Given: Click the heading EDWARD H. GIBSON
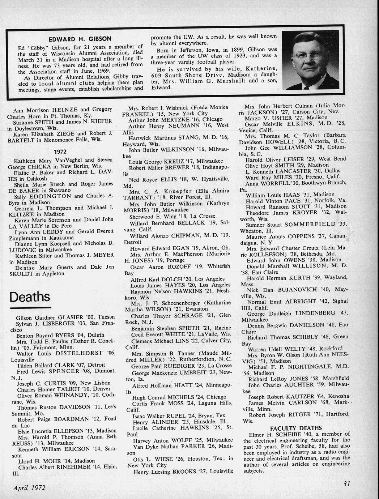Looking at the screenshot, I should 80,39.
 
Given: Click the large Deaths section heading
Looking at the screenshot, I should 30,297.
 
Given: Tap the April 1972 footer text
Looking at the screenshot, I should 29,487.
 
